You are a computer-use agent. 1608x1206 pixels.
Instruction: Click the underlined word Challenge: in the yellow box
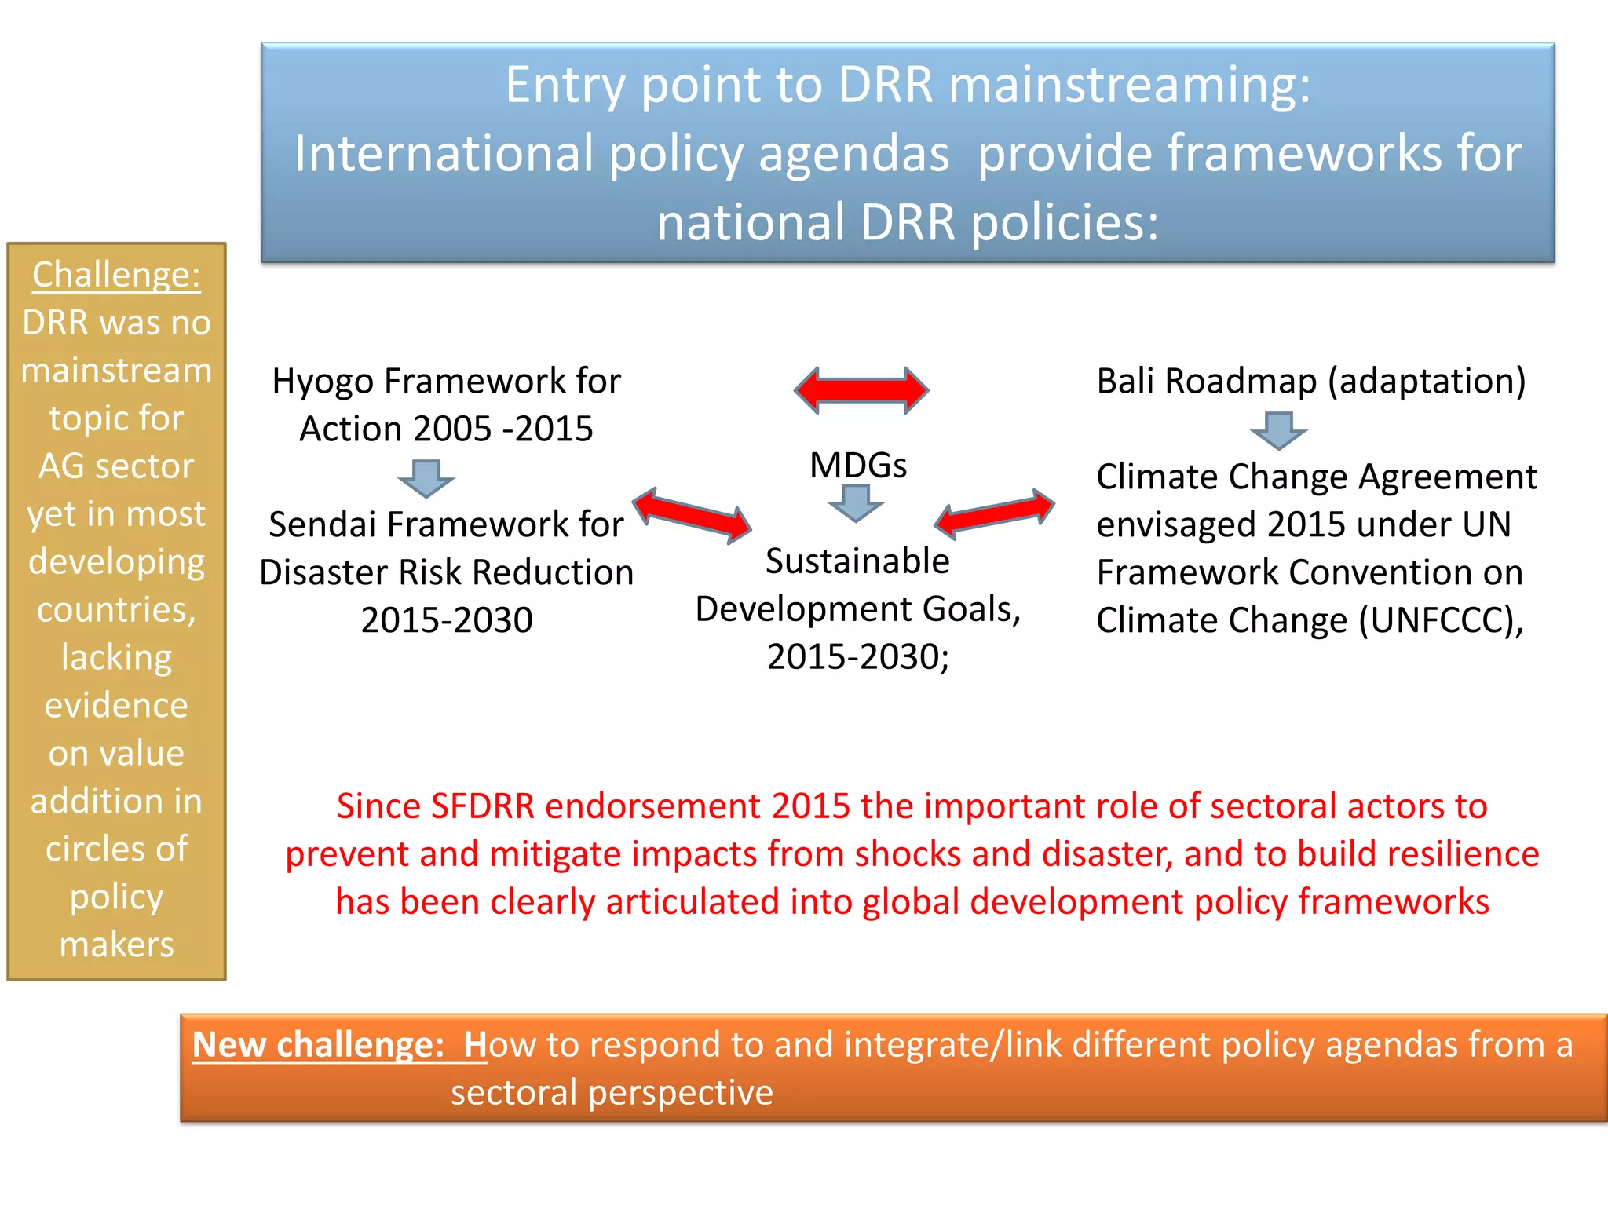[116, 276]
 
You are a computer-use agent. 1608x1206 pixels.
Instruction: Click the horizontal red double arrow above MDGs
[861, 389]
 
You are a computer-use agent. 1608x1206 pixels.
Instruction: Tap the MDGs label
[857, 466]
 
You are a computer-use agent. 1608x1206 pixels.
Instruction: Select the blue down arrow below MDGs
[856, 502]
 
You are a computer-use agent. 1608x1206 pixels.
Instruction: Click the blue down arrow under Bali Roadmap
[1278, 430]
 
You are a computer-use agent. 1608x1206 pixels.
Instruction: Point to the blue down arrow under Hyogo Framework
[426, 478]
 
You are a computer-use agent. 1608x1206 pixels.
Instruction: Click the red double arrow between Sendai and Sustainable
[692, 516]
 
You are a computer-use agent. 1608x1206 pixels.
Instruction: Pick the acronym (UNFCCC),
[1441, 621]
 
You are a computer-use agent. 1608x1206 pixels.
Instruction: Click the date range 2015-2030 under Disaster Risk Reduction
[447, 621]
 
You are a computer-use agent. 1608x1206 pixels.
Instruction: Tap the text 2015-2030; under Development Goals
[857, 657]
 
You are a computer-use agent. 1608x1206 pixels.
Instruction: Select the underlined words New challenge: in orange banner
[318, 1045]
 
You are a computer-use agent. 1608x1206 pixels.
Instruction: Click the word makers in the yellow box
[116, 945]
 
